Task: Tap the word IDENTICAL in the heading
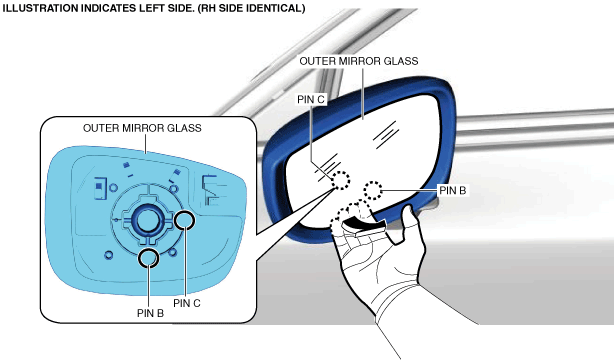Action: (x=274, y=8)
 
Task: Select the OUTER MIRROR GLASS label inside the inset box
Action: (x=142, y=128)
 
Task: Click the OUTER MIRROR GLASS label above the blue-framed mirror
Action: (x=358, y=61)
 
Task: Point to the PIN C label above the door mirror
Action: (x=311, y=100)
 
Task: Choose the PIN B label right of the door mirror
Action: (x=453, y=191)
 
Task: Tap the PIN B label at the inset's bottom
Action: (x=150, y=313)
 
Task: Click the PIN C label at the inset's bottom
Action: (x=187, y=303)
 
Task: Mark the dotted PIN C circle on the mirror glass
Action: (x=340, y=180)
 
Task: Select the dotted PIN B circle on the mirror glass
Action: (x=372, y=191)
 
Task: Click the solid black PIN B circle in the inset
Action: (x=149, y=258)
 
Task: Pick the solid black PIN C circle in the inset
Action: (x=184, y=220)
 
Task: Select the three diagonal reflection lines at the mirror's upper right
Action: (x=386, y=135)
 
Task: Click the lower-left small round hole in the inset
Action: (x=109, y=255)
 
